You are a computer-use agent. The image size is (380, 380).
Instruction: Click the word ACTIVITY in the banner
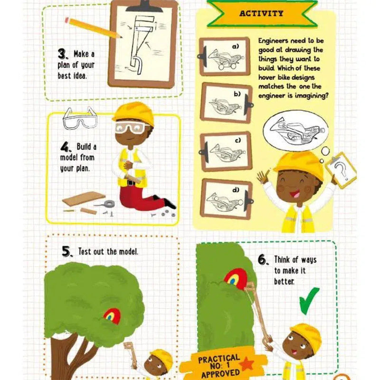click(x=261, y=13)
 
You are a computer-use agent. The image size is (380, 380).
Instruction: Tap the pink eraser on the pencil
click(x=67, y=20)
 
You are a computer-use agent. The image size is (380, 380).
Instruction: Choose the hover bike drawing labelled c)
click(x=225, y=153)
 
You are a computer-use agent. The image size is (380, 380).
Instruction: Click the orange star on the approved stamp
click(x=247, y=364)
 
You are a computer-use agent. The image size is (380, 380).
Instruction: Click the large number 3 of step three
click(x=62, y=54)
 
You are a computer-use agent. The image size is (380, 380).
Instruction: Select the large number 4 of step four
click(x=65, y=147)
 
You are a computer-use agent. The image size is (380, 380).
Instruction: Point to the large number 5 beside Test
click(x=66, y=252)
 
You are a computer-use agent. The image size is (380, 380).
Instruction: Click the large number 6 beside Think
click(x=263, y=260)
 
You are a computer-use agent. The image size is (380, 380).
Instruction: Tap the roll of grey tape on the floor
click(x=109, y=204)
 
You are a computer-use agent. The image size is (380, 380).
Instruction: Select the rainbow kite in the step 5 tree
click(x=112, y=316)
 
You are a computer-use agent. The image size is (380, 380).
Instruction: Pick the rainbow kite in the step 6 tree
click(x=236, y=279)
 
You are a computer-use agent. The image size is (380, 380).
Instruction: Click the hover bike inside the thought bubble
click(x=296, y=132)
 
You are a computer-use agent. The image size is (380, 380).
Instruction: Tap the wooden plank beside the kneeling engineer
click(x=84, y=199)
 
